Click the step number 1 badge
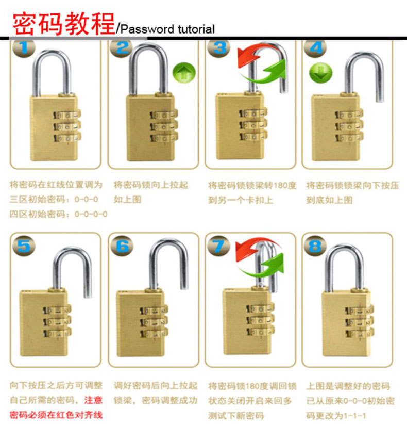click(x=24, y=48)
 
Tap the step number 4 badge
click(x=315, y=48)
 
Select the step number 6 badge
click(x=122, y=246)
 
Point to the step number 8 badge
click(x=315, y=246)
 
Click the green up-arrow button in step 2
click(x=184, y=73)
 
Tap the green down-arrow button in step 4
click(x=320, y=73)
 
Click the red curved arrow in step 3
click(x=250, y=56)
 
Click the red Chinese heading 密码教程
click(x=64, y=24)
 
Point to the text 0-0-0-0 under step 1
click(x=91, y=214)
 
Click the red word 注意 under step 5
click(x=93, y=400)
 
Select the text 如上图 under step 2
click(x=127, y=200)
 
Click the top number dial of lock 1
click(x=67, y=115)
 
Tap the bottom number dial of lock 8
click(x=360, y=333)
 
